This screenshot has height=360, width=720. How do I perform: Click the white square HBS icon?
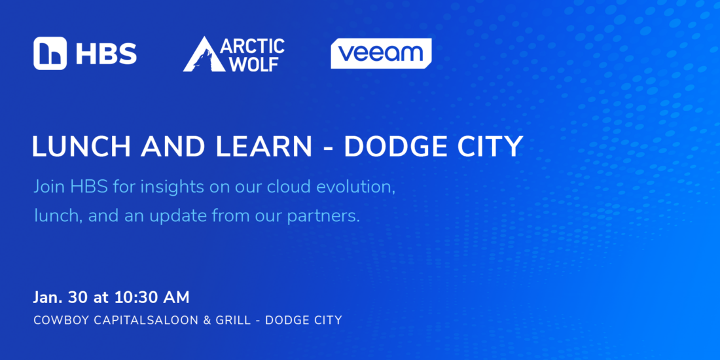[x=50, y=53]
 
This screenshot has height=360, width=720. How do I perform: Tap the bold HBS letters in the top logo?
[x=106, y=54]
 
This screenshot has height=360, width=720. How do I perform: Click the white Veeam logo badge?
[x=381, y=53]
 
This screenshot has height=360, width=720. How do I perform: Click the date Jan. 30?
[x=61, y=298]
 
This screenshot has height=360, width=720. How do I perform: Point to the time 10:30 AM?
[x=152, y=298]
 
